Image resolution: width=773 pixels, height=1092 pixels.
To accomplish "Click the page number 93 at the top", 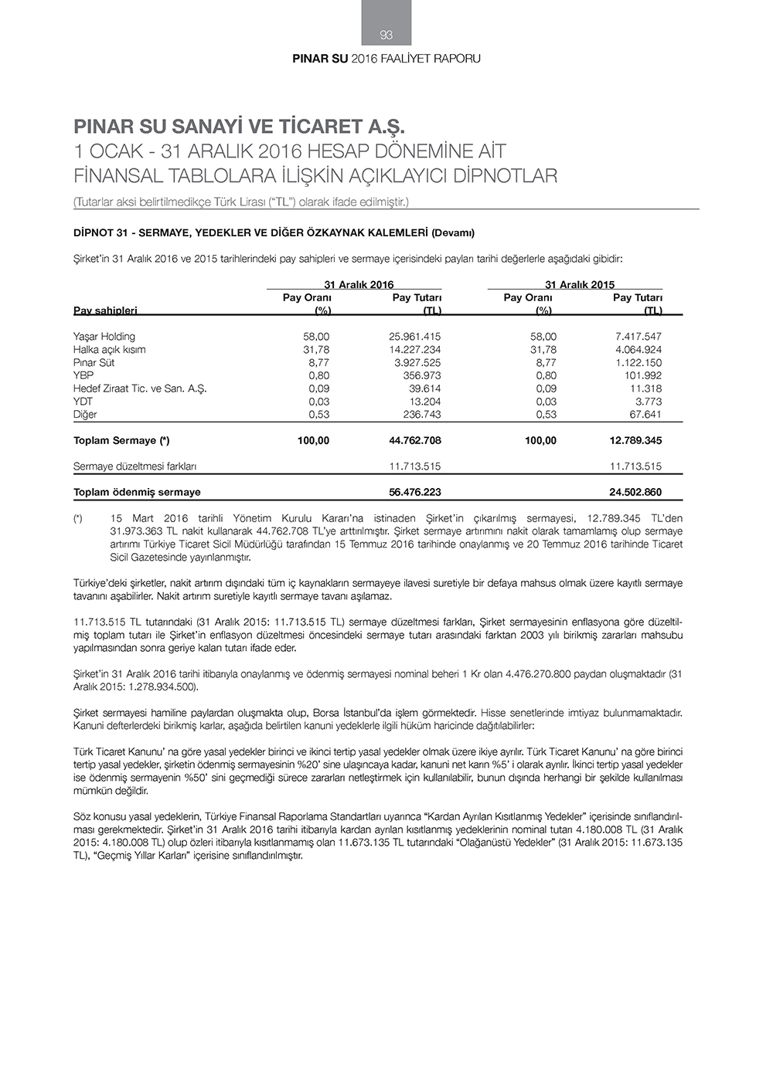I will [x=386, y=35].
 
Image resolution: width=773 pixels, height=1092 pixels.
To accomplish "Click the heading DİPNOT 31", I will [x=274, y=232].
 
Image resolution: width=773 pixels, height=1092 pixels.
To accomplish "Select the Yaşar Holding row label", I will [x=104, y=337].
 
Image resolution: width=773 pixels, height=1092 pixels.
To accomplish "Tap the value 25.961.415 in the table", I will [x=414, y=337].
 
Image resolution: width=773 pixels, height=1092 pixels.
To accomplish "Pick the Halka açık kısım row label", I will [x=110, y=350].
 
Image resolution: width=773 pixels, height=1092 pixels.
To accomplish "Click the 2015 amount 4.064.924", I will [x=635, y=350].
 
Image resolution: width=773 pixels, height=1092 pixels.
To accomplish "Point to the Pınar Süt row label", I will [x=94, y=363].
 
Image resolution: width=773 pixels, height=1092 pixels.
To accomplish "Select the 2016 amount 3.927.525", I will [x=417, y=363].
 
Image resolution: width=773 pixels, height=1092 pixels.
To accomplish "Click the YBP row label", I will [x=83, y=376].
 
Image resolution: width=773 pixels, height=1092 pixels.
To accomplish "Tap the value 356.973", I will [x=422, y=376].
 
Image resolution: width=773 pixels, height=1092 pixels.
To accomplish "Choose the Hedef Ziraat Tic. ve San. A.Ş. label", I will [x=140, y=388].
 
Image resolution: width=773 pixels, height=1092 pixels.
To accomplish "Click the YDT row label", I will [x=83, y=402].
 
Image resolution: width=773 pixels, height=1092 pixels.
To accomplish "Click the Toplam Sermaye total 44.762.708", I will [x=415, y=441].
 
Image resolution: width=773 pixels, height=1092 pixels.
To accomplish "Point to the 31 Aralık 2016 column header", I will [x=359, y=284].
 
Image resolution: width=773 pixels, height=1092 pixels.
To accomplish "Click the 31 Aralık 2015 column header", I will [x=580, y=284].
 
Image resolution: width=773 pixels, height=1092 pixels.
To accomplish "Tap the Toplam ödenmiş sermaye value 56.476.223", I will [x=415, y=492].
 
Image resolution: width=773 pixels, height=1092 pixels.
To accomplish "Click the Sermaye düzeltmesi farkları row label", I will [x=135, y=466].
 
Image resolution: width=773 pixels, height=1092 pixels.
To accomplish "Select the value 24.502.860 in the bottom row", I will [x=635, y=492].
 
